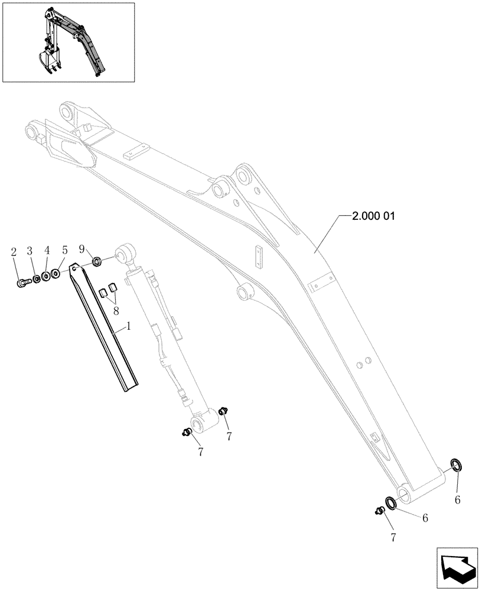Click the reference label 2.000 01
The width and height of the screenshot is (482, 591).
pos(373,216)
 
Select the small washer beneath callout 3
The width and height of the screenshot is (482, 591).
pos(36,278)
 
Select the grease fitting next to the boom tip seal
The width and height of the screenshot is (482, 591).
pos(379,510)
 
